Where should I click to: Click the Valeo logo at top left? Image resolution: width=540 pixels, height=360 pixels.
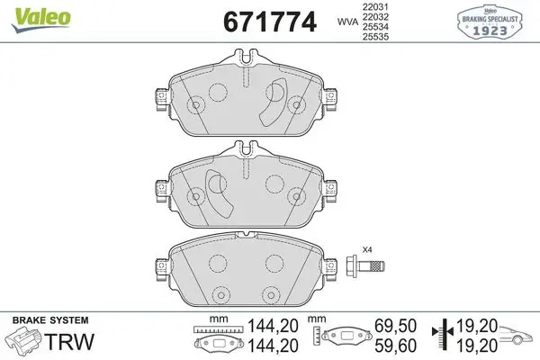point(41,20)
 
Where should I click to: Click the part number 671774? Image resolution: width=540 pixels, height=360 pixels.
point(270,22)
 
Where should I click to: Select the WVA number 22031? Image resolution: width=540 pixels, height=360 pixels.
point(375,6)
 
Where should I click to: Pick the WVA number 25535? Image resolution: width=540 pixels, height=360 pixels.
point(375,37)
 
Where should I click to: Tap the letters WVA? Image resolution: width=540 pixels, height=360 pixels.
point(347,22)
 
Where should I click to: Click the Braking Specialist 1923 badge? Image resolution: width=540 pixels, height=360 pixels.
point(490,22)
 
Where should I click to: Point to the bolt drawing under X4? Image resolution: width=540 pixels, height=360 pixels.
point(365,266)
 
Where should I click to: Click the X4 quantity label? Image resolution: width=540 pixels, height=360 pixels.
point(367,249)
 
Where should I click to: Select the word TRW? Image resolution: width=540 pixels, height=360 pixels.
point(70,341)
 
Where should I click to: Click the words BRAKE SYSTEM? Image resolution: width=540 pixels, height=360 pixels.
point(50,320)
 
